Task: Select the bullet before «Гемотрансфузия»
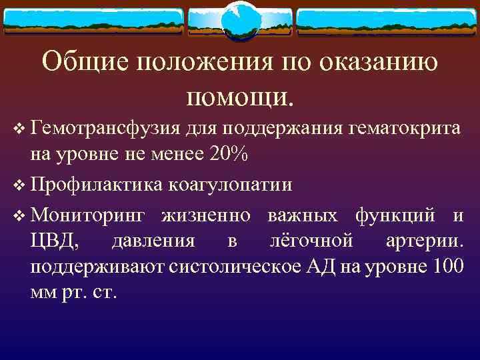point(18,127)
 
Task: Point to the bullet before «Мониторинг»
point(18,215)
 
